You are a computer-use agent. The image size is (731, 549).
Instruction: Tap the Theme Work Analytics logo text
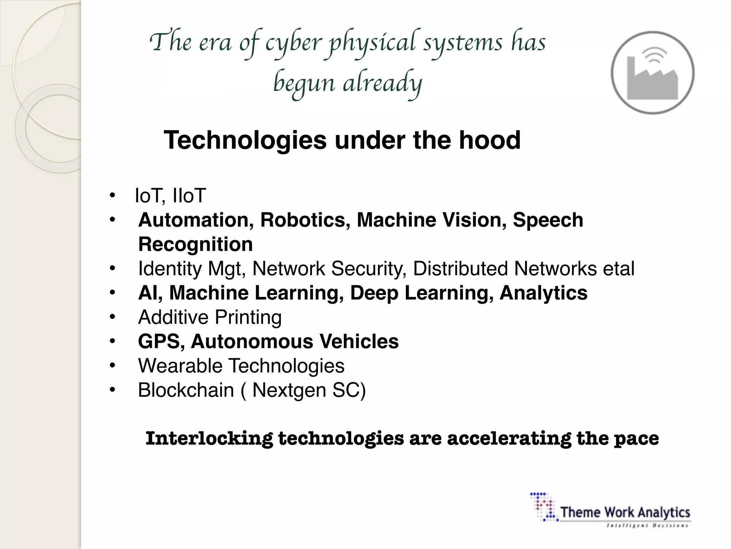pyautogui.click(x=625, y=512)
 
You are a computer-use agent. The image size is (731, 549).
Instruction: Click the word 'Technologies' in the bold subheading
pyautogui.click(x=245, y=140)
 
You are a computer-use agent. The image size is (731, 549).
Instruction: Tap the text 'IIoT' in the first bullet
pyautogui.click(x=189, y=196)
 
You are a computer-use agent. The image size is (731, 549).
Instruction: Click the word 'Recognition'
pyautogui.click(x=195, y=244)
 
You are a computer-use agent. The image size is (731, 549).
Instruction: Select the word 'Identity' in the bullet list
pyautogui.click(x=170, y=269)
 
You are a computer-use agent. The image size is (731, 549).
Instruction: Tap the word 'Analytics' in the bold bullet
pyautogui.click(x=543, y=293)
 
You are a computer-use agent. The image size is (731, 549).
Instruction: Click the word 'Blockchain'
pyautogui.click(x=186, y=390)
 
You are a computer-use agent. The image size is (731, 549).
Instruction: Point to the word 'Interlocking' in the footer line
pyautogui.click(x=209, y=439)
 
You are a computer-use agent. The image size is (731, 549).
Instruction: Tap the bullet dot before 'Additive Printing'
pyautogui.click(x=113, y=317)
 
